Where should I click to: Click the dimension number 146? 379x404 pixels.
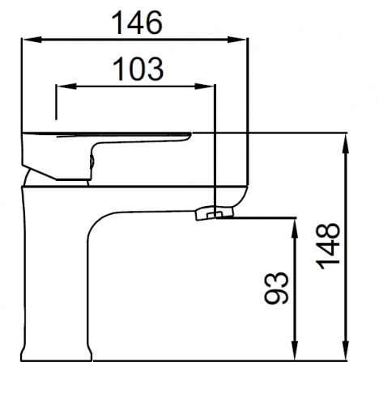point(137,23)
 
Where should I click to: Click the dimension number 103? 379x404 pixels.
point(138,69)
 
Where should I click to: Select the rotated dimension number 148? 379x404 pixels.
point(328,246)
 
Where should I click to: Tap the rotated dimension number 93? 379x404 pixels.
point(276,288)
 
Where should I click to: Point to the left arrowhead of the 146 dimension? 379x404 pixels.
point(32,40)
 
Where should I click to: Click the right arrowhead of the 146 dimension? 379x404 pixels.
point(237,40)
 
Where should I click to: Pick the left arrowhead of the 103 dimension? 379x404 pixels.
point(66,86)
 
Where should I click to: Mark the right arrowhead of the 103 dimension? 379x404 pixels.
point(204,86)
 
